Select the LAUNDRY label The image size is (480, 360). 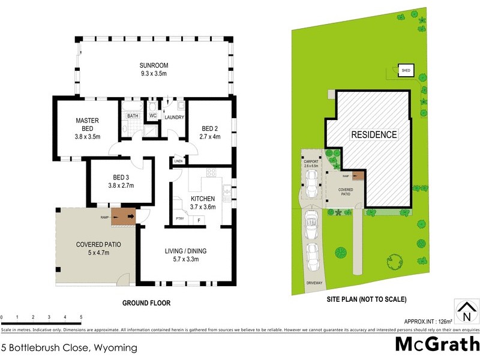(174, 118)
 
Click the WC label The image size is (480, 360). (153, 115)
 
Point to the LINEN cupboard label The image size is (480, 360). (178, 161)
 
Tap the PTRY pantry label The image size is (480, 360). (179, 219)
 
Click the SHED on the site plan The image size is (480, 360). (406, 71)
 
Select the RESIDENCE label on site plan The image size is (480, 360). (374, 134)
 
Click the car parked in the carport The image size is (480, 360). (312, 183)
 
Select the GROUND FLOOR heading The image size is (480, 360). (146, 304)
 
